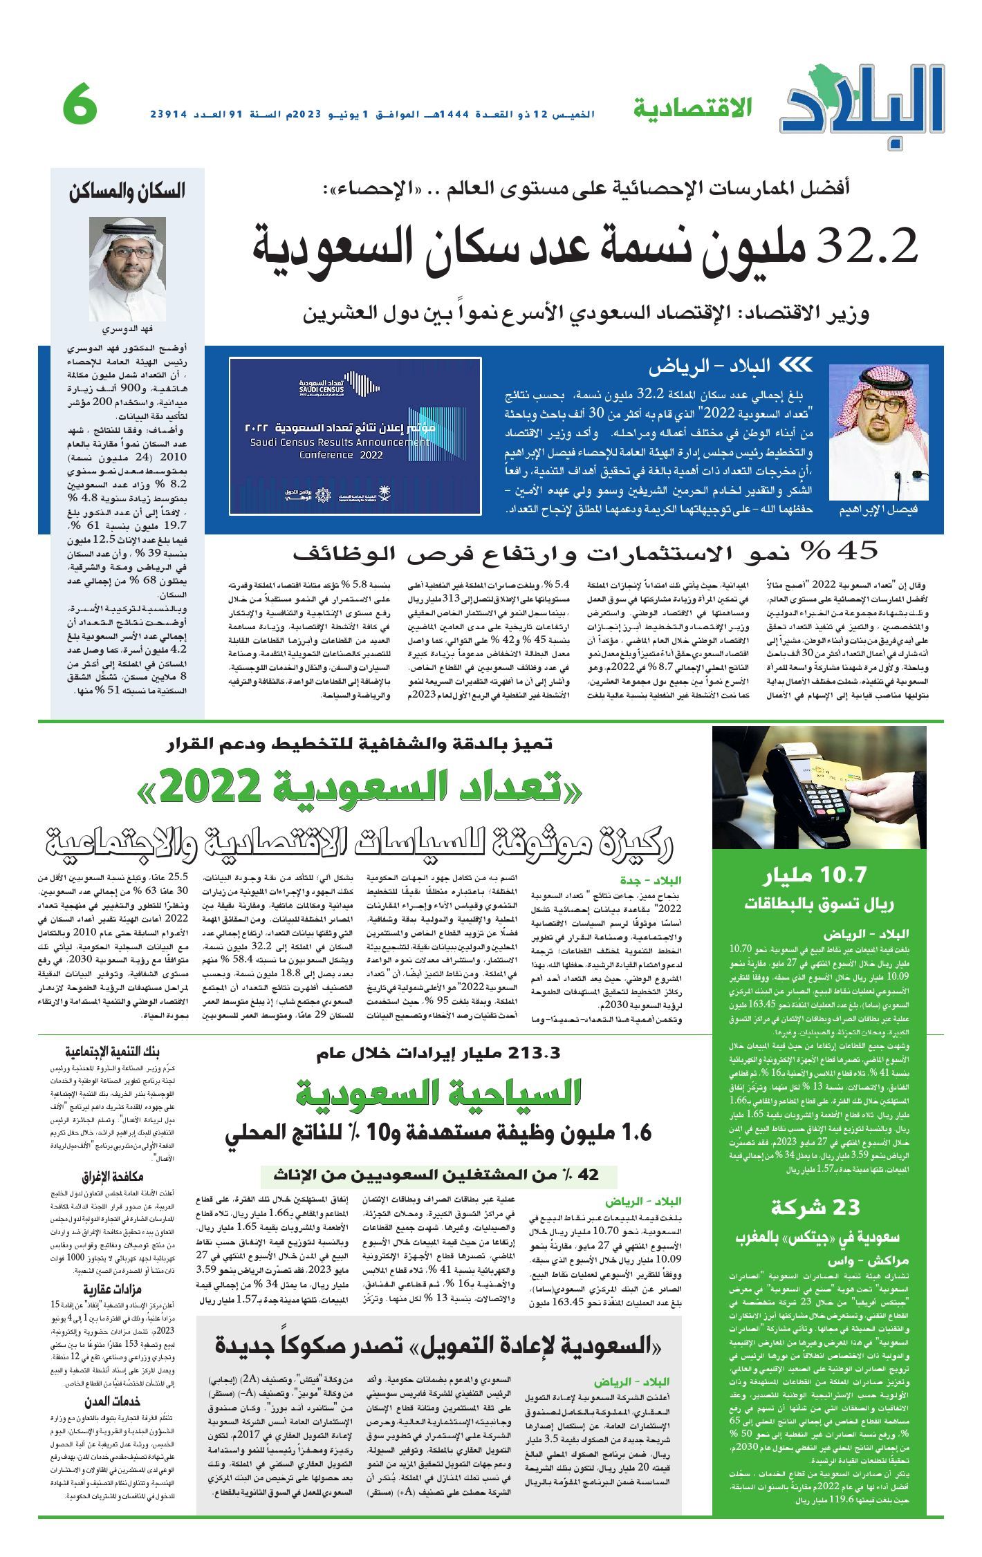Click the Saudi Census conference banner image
(355, 436)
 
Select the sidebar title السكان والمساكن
(127, 192)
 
